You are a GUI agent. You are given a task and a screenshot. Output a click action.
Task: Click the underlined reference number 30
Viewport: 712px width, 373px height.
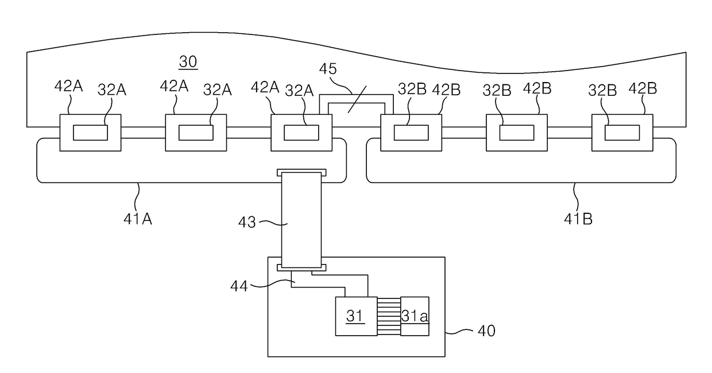(188, 61)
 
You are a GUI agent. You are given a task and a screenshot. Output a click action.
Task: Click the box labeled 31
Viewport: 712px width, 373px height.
(356, 316)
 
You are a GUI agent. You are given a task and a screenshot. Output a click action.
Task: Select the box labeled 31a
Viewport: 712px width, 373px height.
(415, 316)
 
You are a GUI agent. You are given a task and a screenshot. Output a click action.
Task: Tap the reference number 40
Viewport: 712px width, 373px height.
(486, 331)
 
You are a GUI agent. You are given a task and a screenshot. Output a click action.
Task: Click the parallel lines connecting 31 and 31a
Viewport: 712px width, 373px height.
(389, 316)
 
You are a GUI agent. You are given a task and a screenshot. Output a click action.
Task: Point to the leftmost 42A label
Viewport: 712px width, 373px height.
(69, 87)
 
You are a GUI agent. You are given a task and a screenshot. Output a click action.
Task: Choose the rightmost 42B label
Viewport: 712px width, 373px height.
(643, 88)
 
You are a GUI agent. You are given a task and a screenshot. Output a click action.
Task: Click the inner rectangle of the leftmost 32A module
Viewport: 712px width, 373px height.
(90, 133)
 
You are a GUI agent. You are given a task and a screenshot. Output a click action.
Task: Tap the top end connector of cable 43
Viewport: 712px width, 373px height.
(301, 172)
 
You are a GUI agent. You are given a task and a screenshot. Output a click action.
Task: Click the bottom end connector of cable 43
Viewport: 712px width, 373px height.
(301, 267)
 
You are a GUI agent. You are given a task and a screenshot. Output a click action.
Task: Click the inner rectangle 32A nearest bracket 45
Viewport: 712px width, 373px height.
(301, 133)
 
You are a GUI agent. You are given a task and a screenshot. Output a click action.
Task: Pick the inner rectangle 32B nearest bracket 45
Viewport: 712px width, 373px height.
(411, 133)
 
